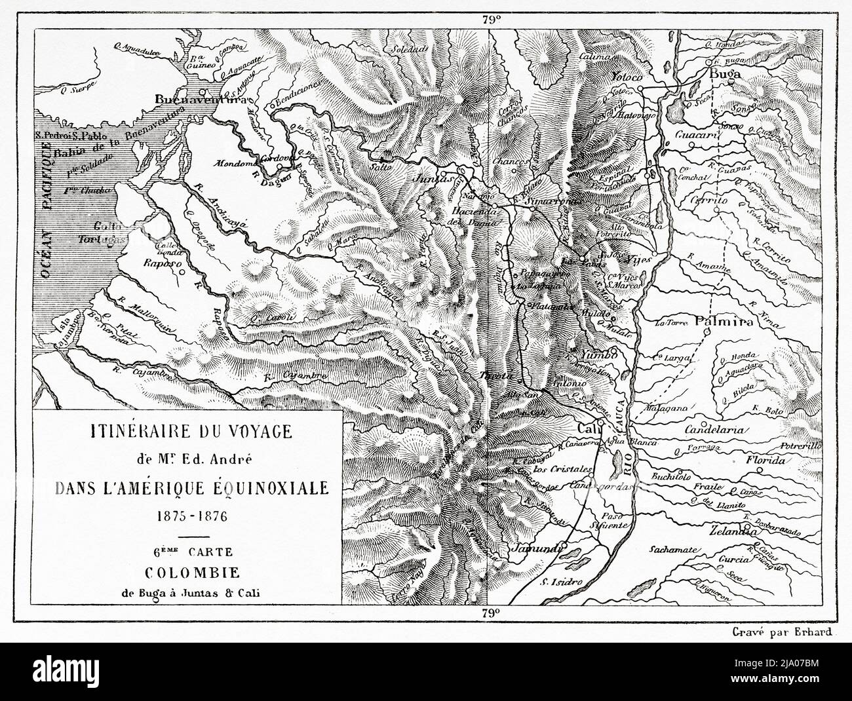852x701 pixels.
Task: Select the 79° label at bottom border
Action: (x=492, y=613)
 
